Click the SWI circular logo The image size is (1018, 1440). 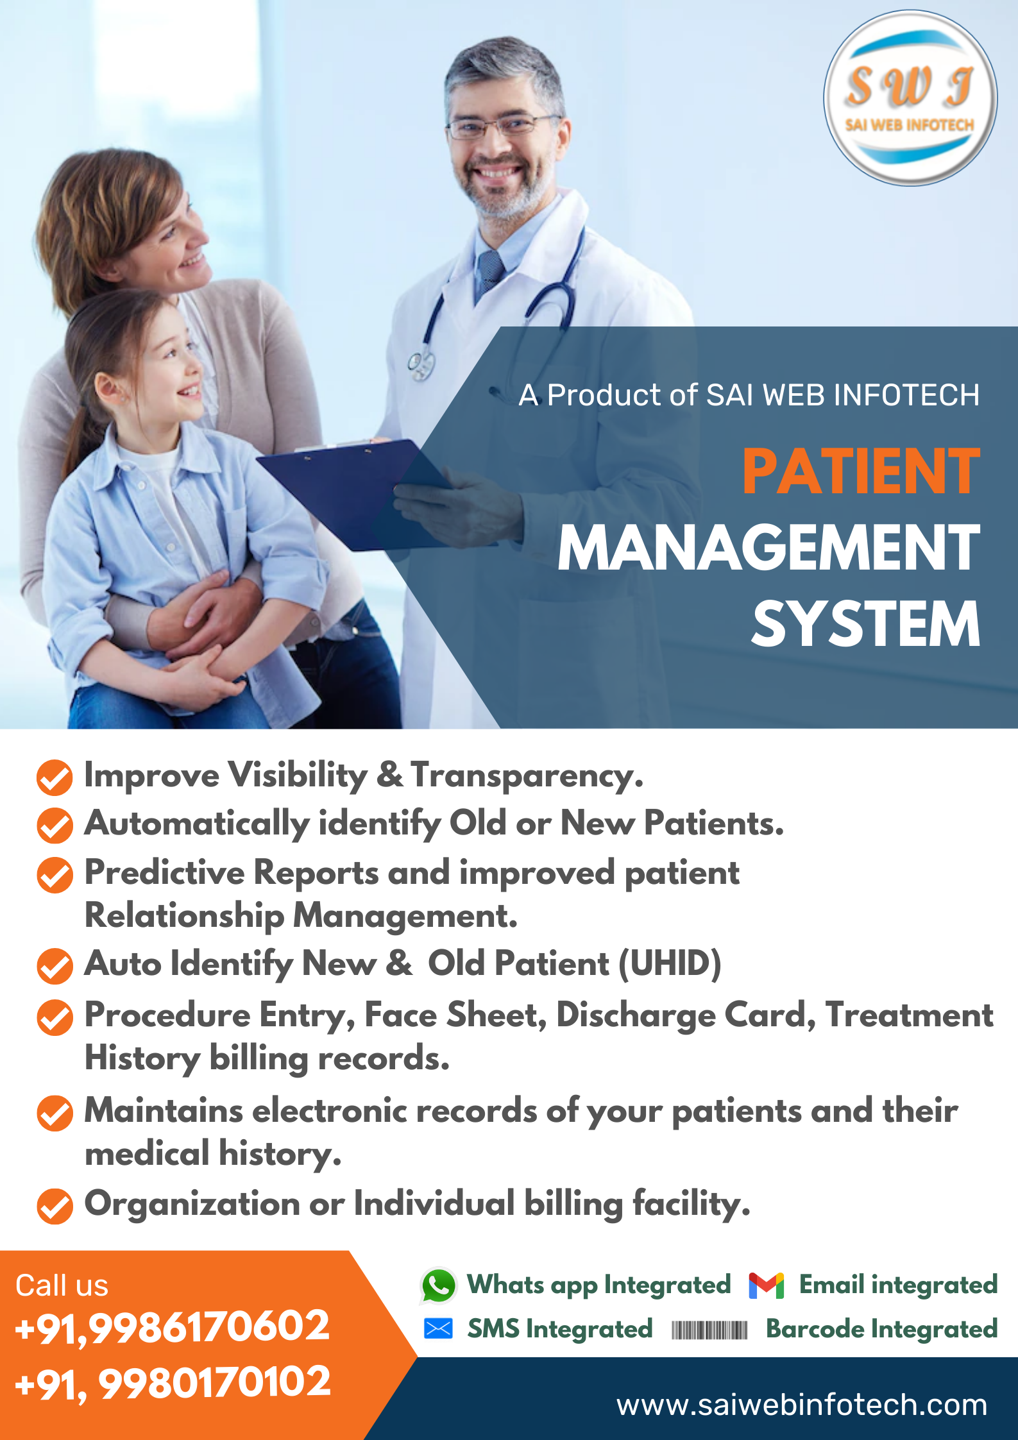tap(910, 98)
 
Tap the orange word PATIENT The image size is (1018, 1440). tap(861, 472)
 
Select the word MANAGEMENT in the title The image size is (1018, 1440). tap(768, 548)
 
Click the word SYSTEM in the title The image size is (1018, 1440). tap(865, 624)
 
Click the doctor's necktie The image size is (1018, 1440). tap(491, 269)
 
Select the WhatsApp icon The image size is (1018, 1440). tap(439, 1285)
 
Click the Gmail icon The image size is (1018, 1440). tap(766, 1285)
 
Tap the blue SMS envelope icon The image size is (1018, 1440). tap(439, 1328)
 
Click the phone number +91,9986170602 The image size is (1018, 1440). tap(172, 1326)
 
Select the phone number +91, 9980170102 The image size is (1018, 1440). tap(172, 1382)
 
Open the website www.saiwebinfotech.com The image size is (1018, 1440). tap(802, 1405)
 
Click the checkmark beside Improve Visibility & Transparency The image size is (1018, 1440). tap(55, 777)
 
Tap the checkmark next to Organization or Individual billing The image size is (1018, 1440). tap(55, 1207)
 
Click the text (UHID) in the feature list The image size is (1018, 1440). tap(670, 963)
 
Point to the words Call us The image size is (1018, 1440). tap(62, 1285)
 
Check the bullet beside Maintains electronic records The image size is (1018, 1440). tap(55, 1113)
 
